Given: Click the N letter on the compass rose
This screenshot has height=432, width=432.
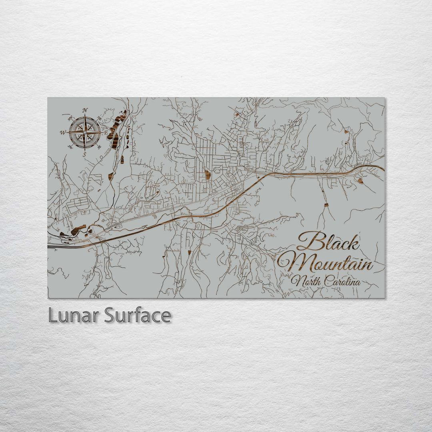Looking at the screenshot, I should click(85, 110).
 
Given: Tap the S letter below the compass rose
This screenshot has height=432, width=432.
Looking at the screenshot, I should click(84, 154).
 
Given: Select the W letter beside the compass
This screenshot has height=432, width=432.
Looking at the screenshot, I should click(63, 132).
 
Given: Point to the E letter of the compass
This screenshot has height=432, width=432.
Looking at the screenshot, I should click(106, 132).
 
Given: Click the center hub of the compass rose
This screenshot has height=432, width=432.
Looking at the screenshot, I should click(84, 132).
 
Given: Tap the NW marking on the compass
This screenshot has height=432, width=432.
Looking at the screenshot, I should click(70, 118).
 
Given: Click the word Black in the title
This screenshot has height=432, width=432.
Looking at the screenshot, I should click(328, 242).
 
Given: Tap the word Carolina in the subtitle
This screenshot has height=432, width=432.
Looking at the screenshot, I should click(342, 282).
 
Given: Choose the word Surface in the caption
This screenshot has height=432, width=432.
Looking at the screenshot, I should click(138, 316).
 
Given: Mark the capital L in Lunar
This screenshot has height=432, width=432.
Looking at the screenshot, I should click(52, 316).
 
